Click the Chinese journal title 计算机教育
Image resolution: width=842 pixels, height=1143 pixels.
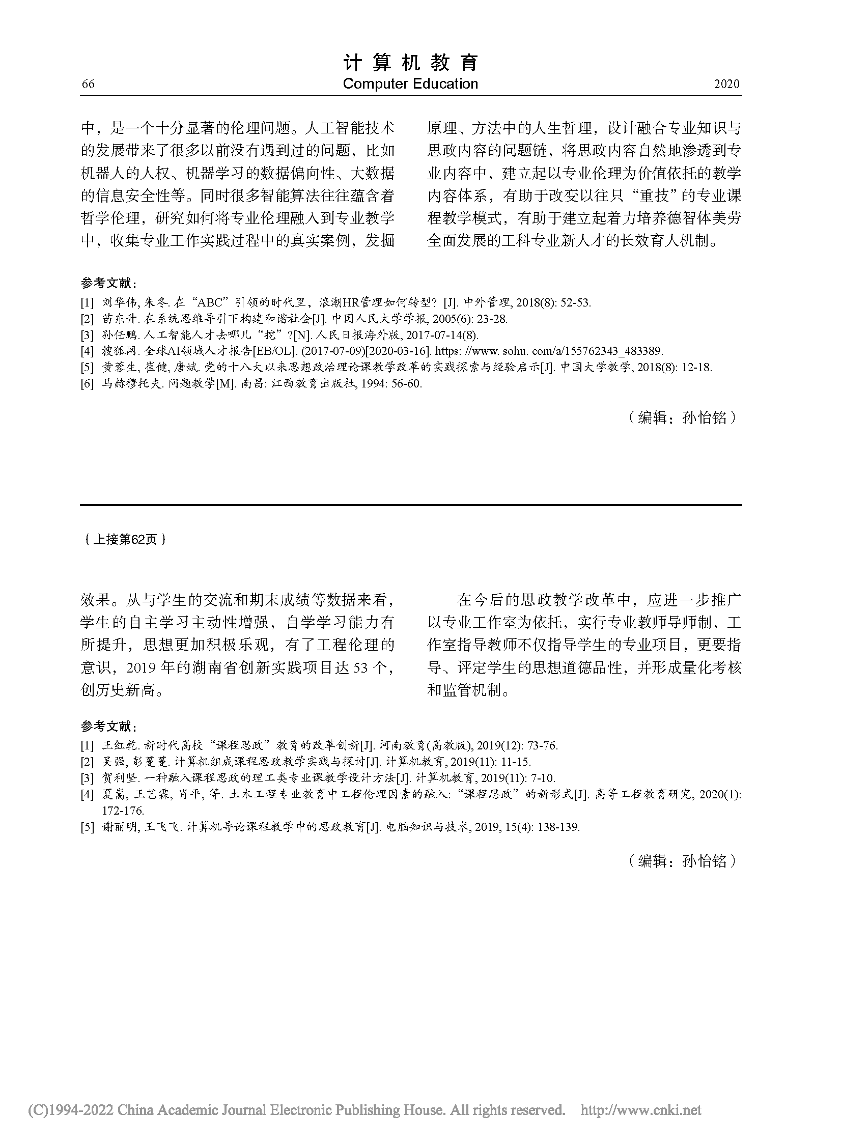coord(411,63)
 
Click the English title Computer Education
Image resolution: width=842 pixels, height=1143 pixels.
coord(410,84)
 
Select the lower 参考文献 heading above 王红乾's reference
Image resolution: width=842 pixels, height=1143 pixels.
coord(108,727)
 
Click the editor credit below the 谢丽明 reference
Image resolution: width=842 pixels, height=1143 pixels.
coord(683,861)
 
